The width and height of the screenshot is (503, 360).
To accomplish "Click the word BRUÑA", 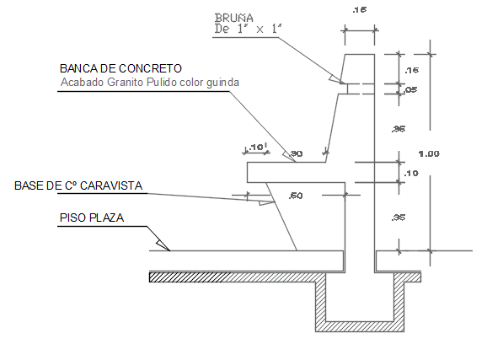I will coord(233,16).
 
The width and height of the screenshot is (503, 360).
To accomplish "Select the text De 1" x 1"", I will coord(249,29).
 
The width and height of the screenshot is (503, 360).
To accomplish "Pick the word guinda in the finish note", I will coord(222,83).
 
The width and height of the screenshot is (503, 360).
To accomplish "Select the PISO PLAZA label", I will coord(92,218).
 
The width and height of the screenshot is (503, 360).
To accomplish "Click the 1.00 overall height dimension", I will coord(430,153).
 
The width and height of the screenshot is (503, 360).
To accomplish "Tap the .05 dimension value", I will coord(410,90).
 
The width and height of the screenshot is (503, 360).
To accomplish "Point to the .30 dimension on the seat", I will coord(296,153).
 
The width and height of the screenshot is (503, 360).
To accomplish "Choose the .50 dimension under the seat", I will coord(295,196).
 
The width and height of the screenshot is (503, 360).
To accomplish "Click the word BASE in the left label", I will coord(29,185).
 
